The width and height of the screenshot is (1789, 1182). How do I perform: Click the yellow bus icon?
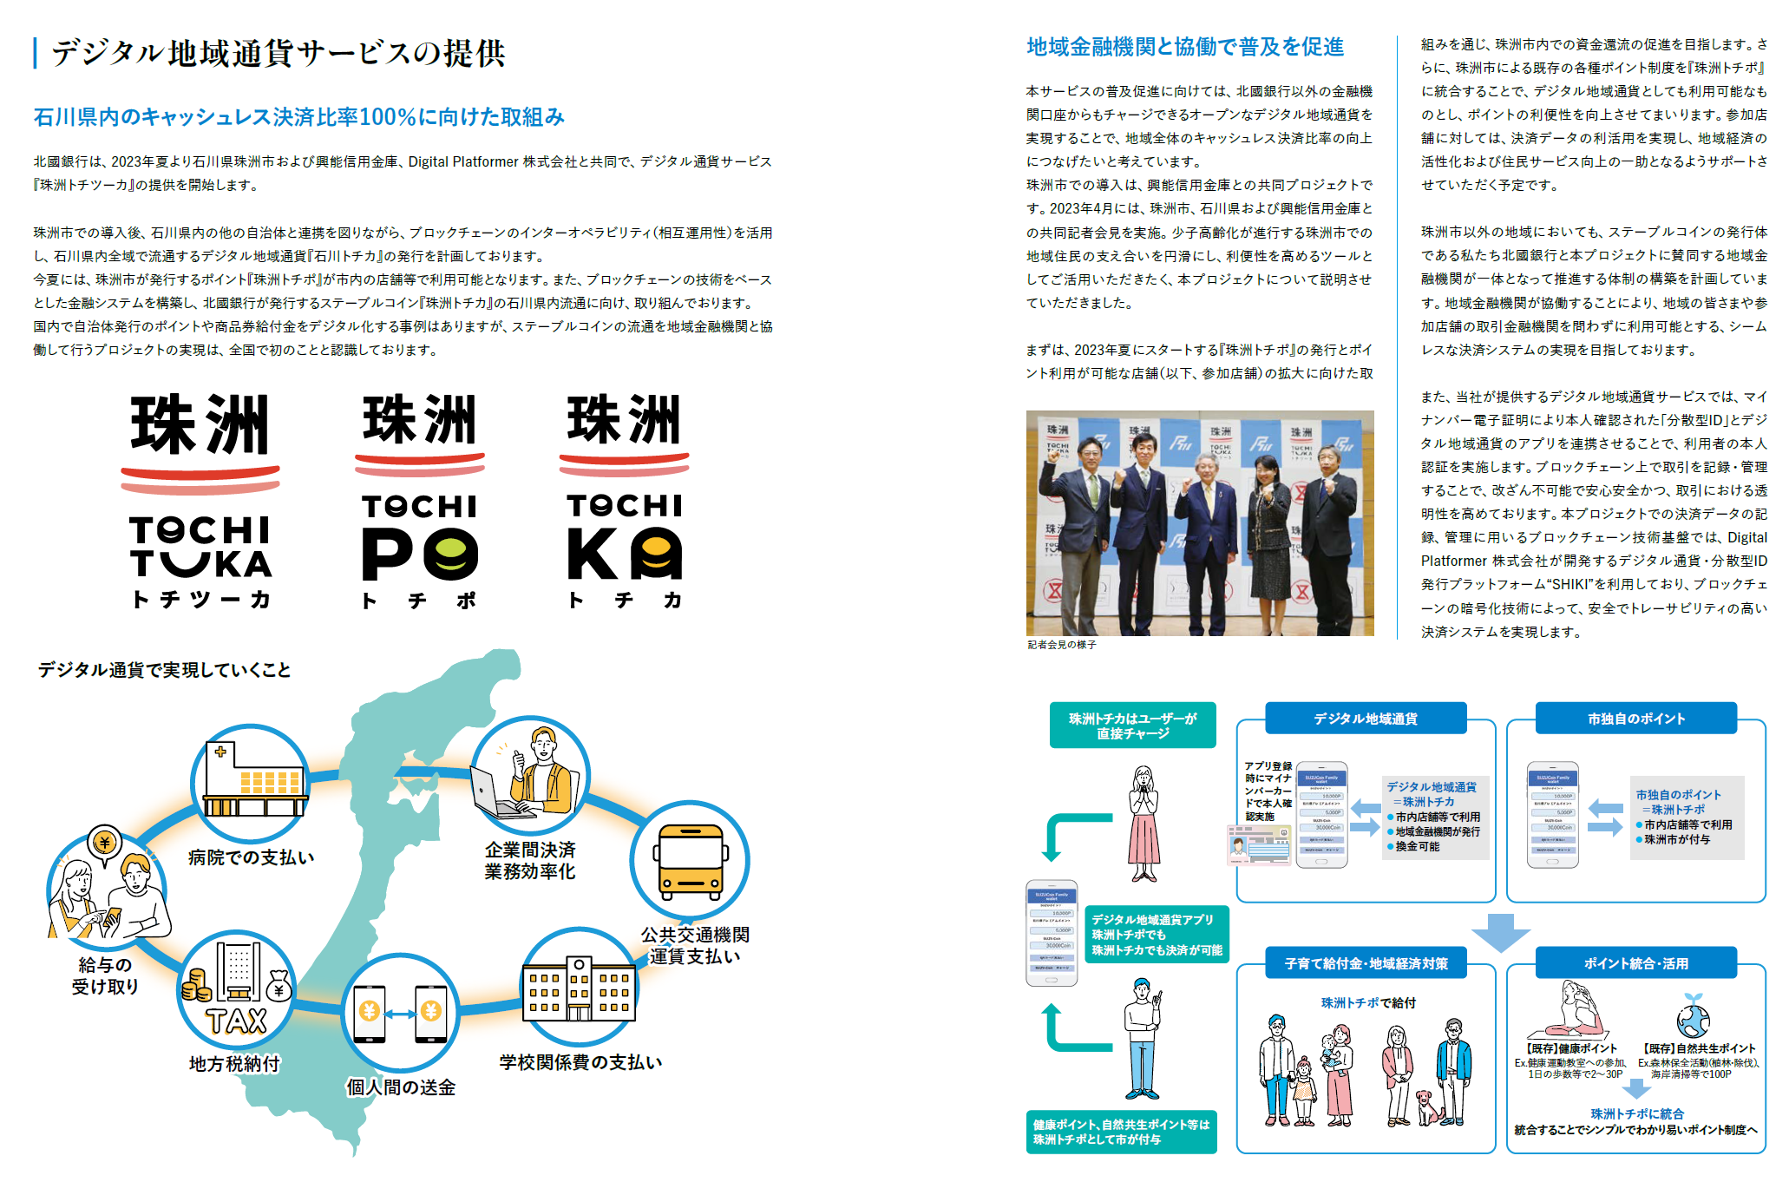point(691,862)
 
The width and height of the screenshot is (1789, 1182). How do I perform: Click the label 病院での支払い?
point(252,857)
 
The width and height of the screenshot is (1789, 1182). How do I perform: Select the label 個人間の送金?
point(400,1087)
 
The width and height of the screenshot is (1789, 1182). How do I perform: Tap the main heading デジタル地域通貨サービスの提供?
point(278,53)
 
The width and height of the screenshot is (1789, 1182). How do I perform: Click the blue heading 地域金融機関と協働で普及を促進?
point(1185,47)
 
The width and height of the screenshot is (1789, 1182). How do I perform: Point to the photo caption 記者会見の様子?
point(1062,645)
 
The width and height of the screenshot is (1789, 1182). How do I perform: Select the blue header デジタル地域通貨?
point(1366,719)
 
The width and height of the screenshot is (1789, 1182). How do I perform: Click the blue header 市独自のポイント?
point(1636,719)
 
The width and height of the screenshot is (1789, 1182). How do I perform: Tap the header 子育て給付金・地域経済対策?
point(1366,963)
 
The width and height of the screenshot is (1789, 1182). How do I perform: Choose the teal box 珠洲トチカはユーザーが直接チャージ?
point(1132,726)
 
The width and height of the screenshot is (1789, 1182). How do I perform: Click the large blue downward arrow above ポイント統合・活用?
point(1501,932)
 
